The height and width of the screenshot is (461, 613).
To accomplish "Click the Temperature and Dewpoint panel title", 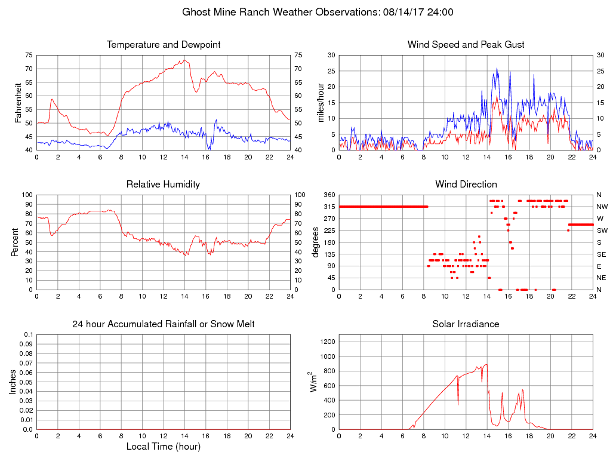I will coord(164,45).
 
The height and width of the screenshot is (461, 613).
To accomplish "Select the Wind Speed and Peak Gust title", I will coord(466,45).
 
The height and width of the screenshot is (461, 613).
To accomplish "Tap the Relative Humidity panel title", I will coord(163,184).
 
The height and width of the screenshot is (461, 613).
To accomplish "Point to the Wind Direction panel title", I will coord(466,184).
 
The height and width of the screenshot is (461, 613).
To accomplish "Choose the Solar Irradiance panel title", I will coord(466,324).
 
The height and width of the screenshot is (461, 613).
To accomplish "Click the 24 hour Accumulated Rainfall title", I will coord(164,324).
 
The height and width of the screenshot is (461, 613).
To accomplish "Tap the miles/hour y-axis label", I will coord(320,102).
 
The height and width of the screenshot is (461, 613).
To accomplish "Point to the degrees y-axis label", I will coord(316,242).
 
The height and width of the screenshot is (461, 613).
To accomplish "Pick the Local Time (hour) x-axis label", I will coord(163,447).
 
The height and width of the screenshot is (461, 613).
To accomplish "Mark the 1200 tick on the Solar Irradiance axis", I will coord(328,342).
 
